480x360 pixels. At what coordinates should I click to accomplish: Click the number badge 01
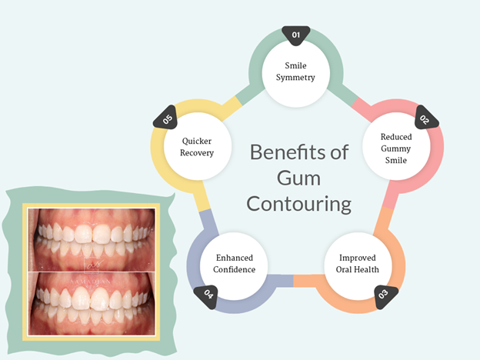point(296,35)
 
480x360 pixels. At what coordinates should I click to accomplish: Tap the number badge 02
point(425,119)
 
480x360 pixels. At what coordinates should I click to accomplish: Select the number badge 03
point(382,293)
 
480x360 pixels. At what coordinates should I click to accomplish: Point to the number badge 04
point(209,293)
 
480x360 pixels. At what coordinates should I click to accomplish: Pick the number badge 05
point(168,119)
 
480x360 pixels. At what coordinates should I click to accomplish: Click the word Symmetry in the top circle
point(296,78)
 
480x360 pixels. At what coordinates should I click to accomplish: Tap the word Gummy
point(396,149)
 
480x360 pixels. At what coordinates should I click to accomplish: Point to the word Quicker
point(197,141)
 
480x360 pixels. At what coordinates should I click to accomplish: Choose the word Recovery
point(197,152)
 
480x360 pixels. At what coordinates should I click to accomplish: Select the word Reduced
point(396,137)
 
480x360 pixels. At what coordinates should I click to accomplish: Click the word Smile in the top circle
point(296,65)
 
